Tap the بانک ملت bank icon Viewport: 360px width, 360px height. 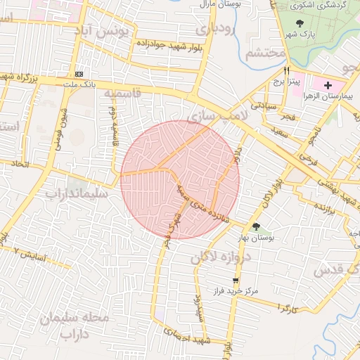coord(79,74)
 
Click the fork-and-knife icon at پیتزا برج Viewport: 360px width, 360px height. coord(287,71)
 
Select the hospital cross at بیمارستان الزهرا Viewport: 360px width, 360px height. coord(328,85)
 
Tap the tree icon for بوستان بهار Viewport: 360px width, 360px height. coord(255,226)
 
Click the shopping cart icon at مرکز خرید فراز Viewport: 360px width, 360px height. coord(225,280)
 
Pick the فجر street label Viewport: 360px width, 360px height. coord(288,117)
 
